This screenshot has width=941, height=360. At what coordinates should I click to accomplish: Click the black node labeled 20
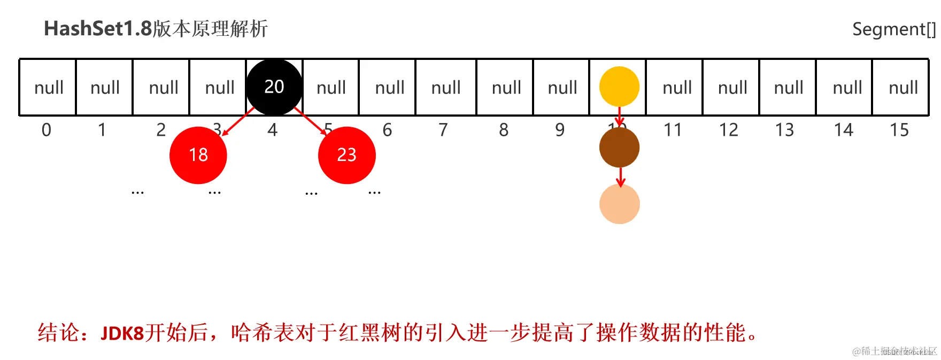(274, 87)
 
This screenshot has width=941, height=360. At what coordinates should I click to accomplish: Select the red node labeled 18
(198, 155)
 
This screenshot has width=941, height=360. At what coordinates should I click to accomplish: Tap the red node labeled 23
(346, 155)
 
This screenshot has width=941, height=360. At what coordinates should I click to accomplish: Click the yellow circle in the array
(619, 87)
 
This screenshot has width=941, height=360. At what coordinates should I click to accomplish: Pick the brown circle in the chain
(619, 148)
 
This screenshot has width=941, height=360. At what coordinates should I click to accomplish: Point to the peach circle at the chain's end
(619, 204)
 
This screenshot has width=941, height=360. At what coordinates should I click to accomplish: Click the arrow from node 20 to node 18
(238, 122)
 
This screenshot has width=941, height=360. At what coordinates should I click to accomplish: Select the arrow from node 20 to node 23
(310, 121)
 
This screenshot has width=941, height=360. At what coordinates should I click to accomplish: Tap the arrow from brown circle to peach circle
(620, 177)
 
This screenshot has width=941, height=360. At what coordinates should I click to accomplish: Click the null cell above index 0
(48, 87)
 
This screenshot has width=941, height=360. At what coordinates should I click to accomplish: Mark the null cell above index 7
(445, 87)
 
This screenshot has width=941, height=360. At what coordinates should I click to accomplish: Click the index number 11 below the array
(673, 130)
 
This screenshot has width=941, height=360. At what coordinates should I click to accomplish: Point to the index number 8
(504, 130)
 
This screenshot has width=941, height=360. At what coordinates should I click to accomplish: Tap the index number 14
(843, 130)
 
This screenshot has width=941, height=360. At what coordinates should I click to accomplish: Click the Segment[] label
(893, 29)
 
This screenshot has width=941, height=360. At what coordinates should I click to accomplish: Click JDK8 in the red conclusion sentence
(122, 333)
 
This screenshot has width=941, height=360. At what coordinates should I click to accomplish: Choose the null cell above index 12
(732, 87)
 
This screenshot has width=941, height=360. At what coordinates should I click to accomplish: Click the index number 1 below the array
(102, 130)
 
